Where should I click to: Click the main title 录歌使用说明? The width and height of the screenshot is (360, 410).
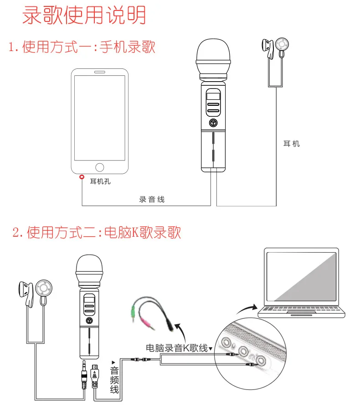[x=84, y=15]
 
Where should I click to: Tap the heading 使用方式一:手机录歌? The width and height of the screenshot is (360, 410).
[x=82, y=47]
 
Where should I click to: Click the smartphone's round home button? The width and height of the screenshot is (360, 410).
[x=100, y=167]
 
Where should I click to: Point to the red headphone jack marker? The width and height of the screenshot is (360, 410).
[x=82, y=176]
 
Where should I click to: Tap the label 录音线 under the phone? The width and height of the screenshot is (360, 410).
[x=152, y=199]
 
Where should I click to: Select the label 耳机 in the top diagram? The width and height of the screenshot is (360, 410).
[x=292, y=144]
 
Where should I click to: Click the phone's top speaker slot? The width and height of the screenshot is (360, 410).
[x=100, y=73]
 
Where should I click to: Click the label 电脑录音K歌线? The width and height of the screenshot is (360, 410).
[x=176, y=348]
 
